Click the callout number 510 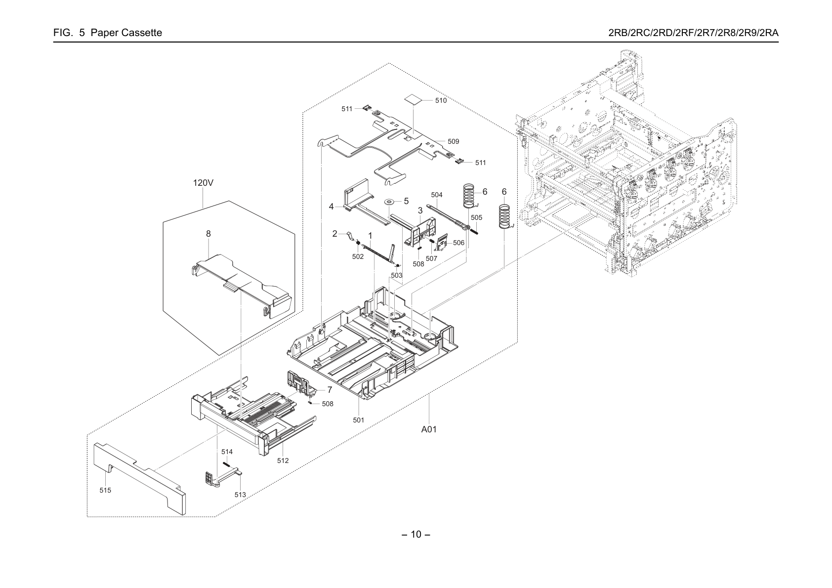(441, 101)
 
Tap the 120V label (203, 183)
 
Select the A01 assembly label (429, 429)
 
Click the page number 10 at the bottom (416, 535)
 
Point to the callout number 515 (105, 490)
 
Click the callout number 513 (240, 495)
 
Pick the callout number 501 (358, 420)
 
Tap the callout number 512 (283, 461)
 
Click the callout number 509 (453, 141)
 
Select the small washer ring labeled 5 (389, 202)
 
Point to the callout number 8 (208, 234)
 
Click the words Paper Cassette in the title (126, 33)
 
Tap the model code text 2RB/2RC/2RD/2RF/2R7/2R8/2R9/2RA (694, 33)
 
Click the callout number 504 (437, 195)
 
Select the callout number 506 (458, 243)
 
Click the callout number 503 (397, 276)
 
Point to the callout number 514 (227, 452)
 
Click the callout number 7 (330, 390)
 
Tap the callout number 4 (332, 207)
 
